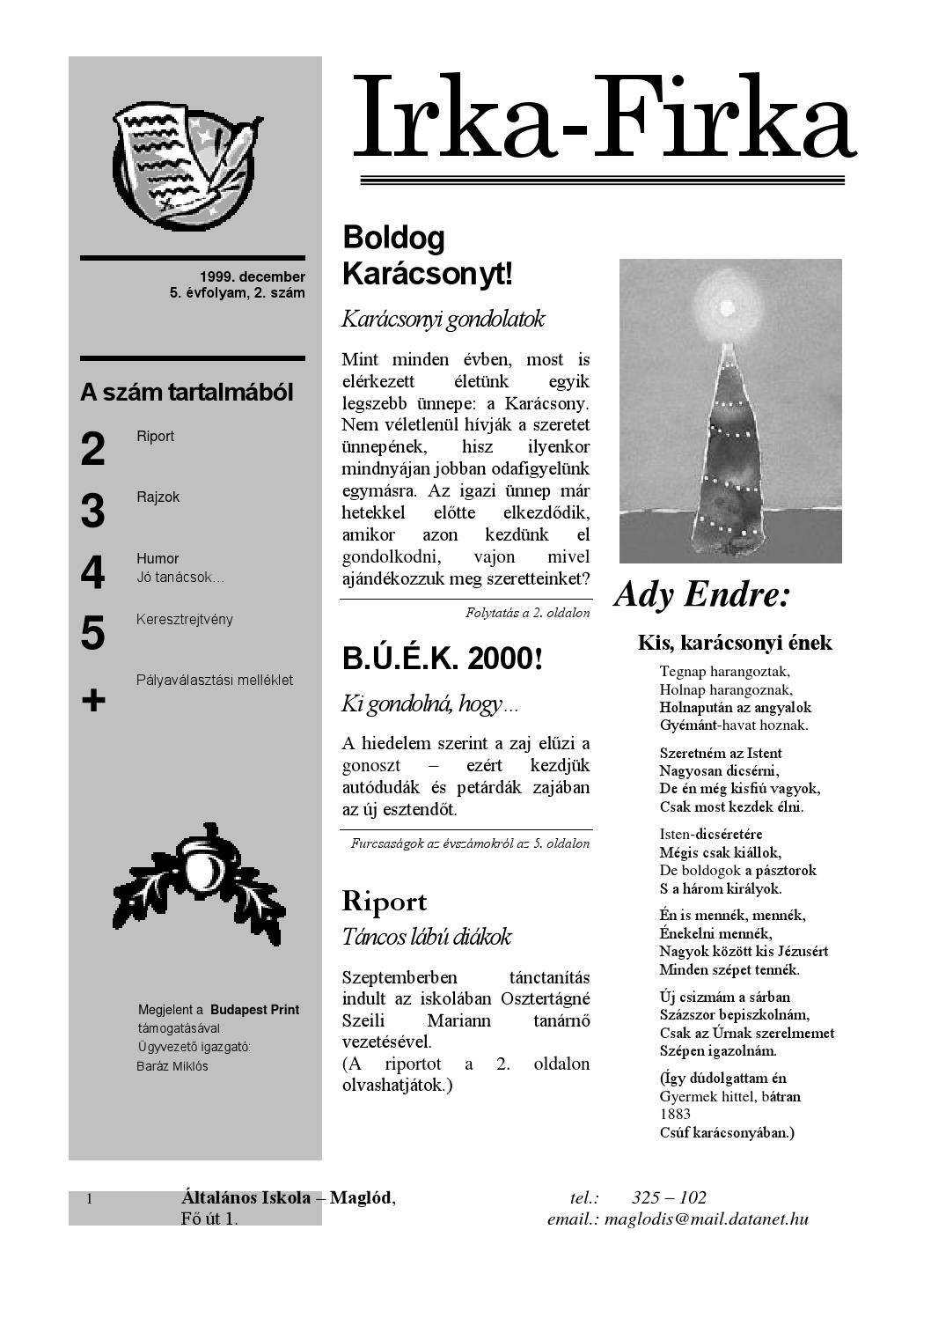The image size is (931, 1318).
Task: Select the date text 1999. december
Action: (252, 277)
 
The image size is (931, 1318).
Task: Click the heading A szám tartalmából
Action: (187, 393)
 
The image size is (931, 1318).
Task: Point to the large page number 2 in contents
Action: (92, 449)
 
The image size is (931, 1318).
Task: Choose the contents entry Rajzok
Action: (158, 497)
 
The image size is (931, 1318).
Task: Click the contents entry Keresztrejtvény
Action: (185, 619)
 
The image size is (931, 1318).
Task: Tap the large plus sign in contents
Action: (93, 701)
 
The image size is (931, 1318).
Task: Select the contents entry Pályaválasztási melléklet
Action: (215, 680)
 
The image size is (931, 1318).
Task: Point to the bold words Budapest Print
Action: (254, 1010)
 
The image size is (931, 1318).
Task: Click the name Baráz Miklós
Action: (172, 1066)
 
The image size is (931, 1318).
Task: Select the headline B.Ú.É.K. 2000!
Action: (442, 659)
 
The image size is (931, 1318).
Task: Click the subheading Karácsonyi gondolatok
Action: (443, 319)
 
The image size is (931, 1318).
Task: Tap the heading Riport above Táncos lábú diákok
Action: (384, 902)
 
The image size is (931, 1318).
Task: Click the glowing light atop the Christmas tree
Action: (727, 307)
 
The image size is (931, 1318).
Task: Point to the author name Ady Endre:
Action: (702, 595)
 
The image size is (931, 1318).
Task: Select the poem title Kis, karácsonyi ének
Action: (735, 643)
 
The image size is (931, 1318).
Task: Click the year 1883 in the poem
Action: (675, 1115)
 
